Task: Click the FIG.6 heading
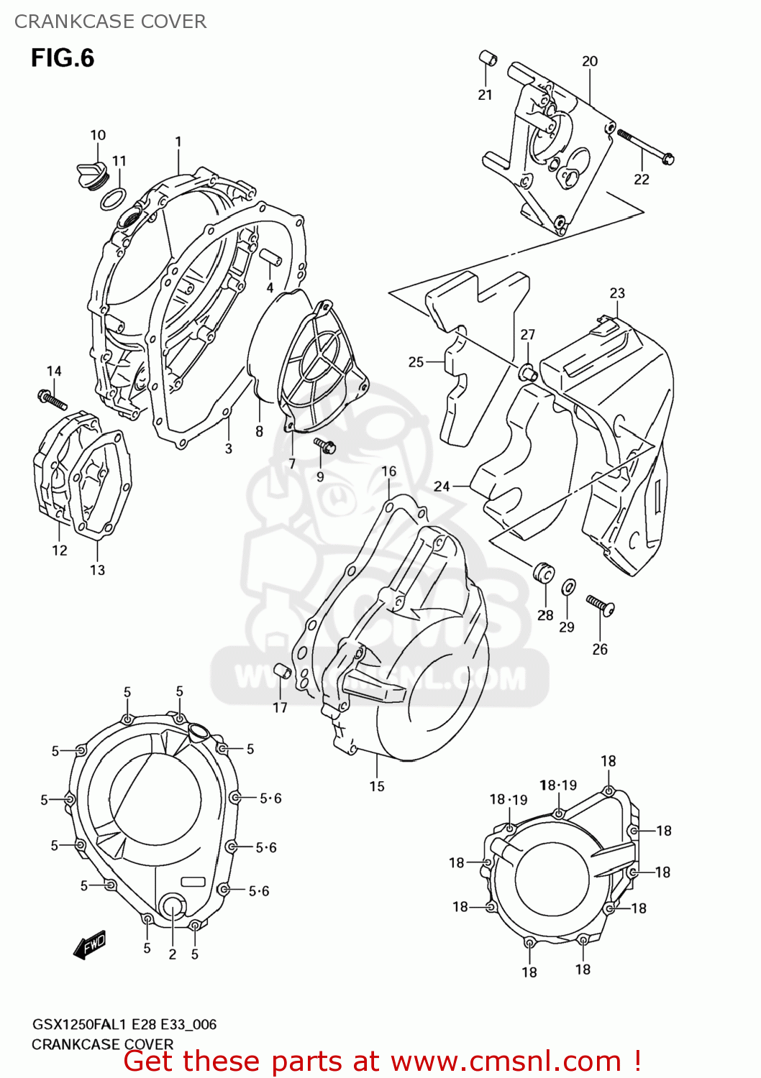63,57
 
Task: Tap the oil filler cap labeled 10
91,175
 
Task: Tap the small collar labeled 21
488,58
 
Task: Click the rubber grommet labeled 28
544,573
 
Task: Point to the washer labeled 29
568,587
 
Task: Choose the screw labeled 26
600,605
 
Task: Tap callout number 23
617,293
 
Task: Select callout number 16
388,471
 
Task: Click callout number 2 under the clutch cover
173,954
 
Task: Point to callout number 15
377,786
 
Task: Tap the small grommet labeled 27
527,372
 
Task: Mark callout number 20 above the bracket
590,61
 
